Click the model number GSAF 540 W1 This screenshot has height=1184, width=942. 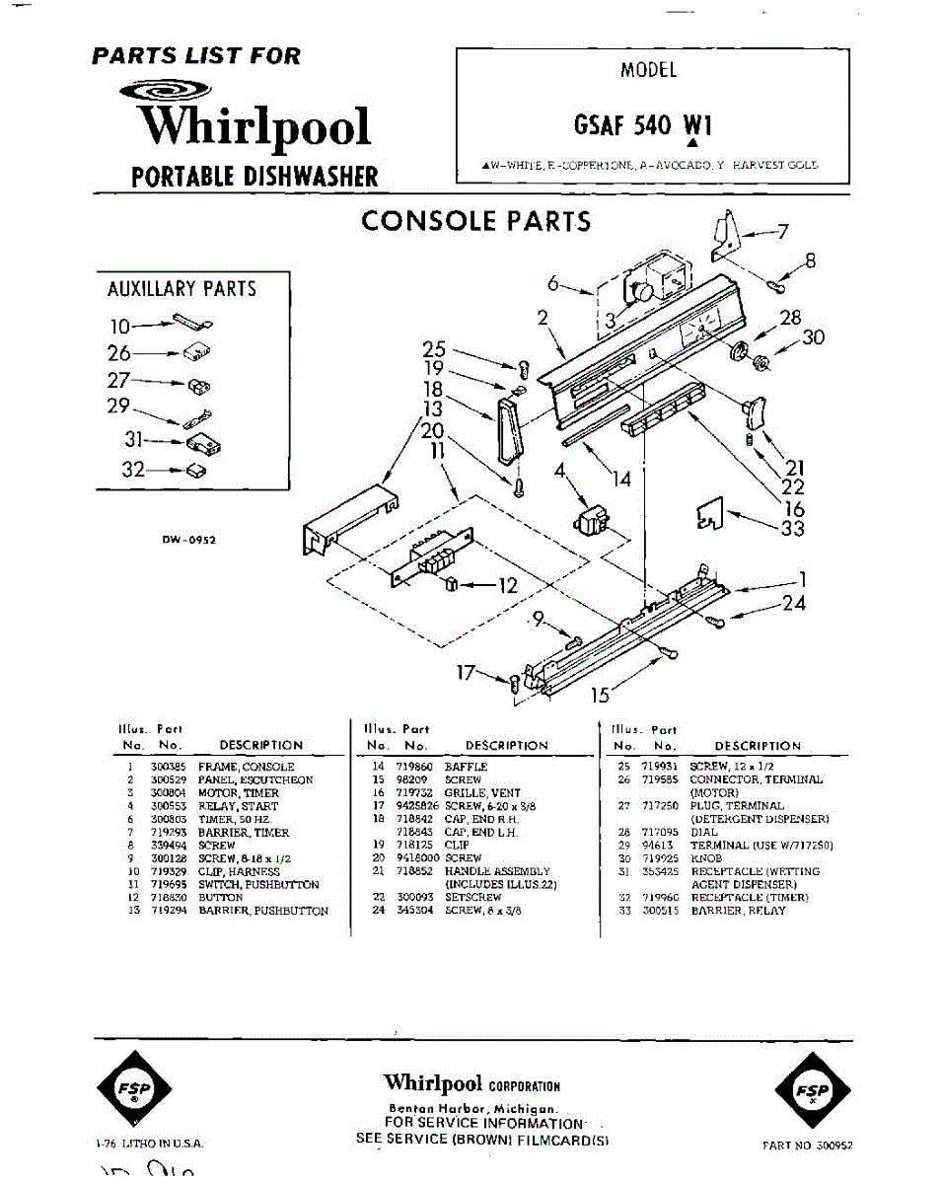click(642, 125)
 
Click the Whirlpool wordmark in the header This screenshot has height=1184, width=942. click(254, 127)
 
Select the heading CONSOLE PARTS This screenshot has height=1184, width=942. click(476, 221)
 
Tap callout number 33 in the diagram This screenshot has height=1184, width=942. click(791, 529)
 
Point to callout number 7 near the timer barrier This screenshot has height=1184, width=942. click(782, 232)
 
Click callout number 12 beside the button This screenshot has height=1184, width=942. click(507, 585)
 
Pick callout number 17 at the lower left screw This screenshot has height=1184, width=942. click(466, 674)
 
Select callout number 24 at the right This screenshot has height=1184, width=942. click(794, 603)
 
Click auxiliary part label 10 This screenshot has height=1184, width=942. click(119, 325)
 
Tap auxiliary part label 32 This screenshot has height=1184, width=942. click(134, 470)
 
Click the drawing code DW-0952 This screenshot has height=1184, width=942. click(189, 540)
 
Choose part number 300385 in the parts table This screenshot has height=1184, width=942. click(167, 767)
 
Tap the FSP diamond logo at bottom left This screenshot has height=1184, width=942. click(134, 1089)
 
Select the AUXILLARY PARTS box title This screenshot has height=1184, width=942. click(181, 289)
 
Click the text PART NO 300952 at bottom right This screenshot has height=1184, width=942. click(807, 1146)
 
